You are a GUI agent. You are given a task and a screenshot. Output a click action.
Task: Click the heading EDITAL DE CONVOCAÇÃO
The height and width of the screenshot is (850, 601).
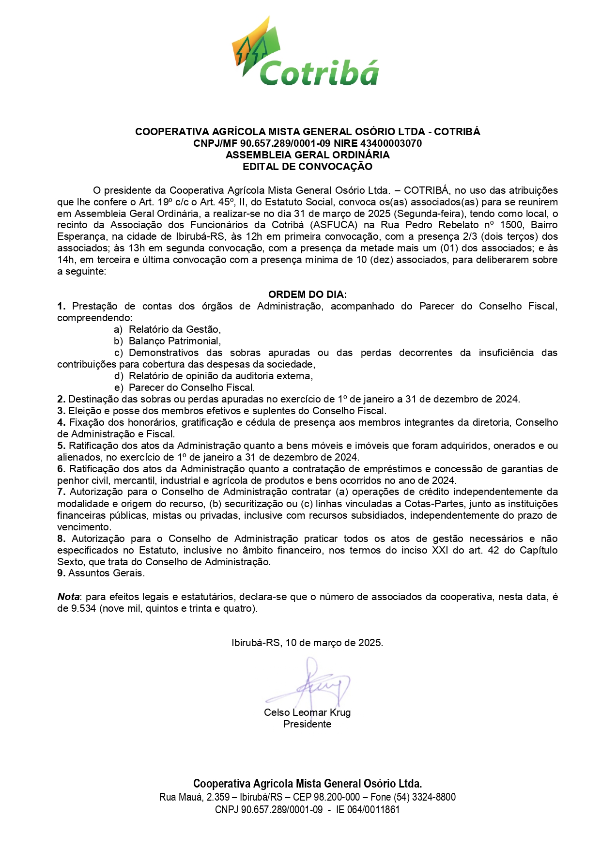pyautogui.click(x=307, y=167)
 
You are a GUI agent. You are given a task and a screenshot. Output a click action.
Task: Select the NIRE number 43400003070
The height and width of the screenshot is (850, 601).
pyautogui.click(x=391, y=143)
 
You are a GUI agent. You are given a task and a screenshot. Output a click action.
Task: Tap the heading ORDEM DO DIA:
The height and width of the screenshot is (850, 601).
pyautogui.click(x=307, y=294)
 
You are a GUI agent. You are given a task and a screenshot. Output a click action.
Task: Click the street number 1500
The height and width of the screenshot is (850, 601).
pyautogui.click(x=510, y=225)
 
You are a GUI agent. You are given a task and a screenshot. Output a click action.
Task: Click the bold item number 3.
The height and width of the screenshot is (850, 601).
pyautogui.click(x=61, y=411)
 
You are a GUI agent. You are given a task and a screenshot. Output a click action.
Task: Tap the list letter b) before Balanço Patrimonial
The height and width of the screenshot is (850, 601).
pyautogui.click(x=119, y=341)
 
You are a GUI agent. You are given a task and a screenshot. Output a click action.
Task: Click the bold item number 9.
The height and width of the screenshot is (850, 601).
pyautogui.click(x=61, y=573)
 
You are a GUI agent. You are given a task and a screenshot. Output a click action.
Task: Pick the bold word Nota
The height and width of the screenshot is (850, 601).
pyautogui.click(x=68, y=597)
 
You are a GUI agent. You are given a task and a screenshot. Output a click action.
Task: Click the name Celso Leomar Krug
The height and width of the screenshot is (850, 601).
pyautogui.click(x=307, y=713)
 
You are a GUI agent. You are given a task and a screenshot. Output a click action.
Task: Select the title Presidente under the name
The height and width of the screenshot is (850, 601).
pyautogui.click(x=307, y=725)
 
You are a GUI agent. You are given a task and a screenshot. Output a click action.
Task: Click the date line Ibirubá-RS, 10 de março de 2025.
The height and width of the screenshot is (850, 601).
pyautogui.click(x=307, y=643)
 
